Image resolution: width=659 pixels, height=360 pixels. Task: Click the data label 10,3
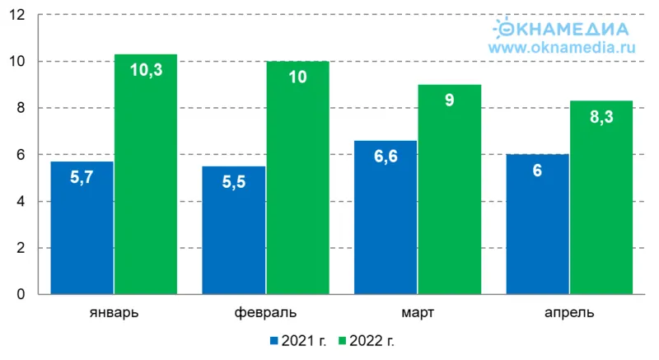146,71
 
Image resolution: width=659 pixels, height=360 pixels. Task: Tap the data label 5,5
234,183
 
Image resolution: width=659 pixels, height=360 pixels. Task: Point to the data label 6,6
386,157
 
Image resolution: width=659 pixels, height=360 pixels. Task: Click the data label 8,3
601,117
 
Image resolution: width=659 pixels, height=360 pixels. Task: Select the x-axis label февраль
265,314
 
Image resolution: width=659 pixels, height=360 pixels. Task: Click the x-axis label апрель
569,314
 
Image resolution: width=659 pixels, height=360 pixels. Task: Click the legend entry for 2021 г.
297,339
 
